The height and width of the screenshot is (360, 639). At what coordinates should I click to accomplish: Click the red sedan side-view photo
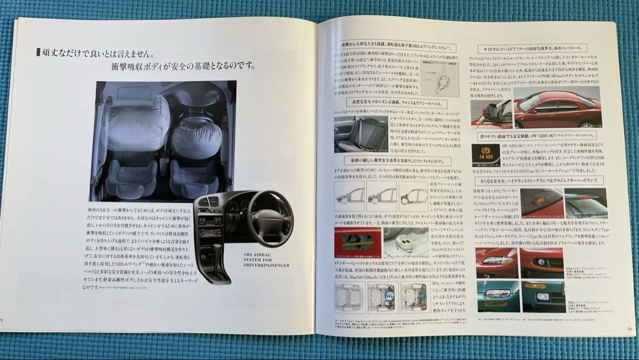pos(556,110)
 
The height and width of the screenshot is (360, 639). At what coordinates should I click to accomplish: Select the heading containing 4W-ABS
pos(532,137)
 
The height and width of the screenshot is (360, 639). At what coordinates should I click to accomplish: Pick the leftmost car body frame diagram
pos(349,196)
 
